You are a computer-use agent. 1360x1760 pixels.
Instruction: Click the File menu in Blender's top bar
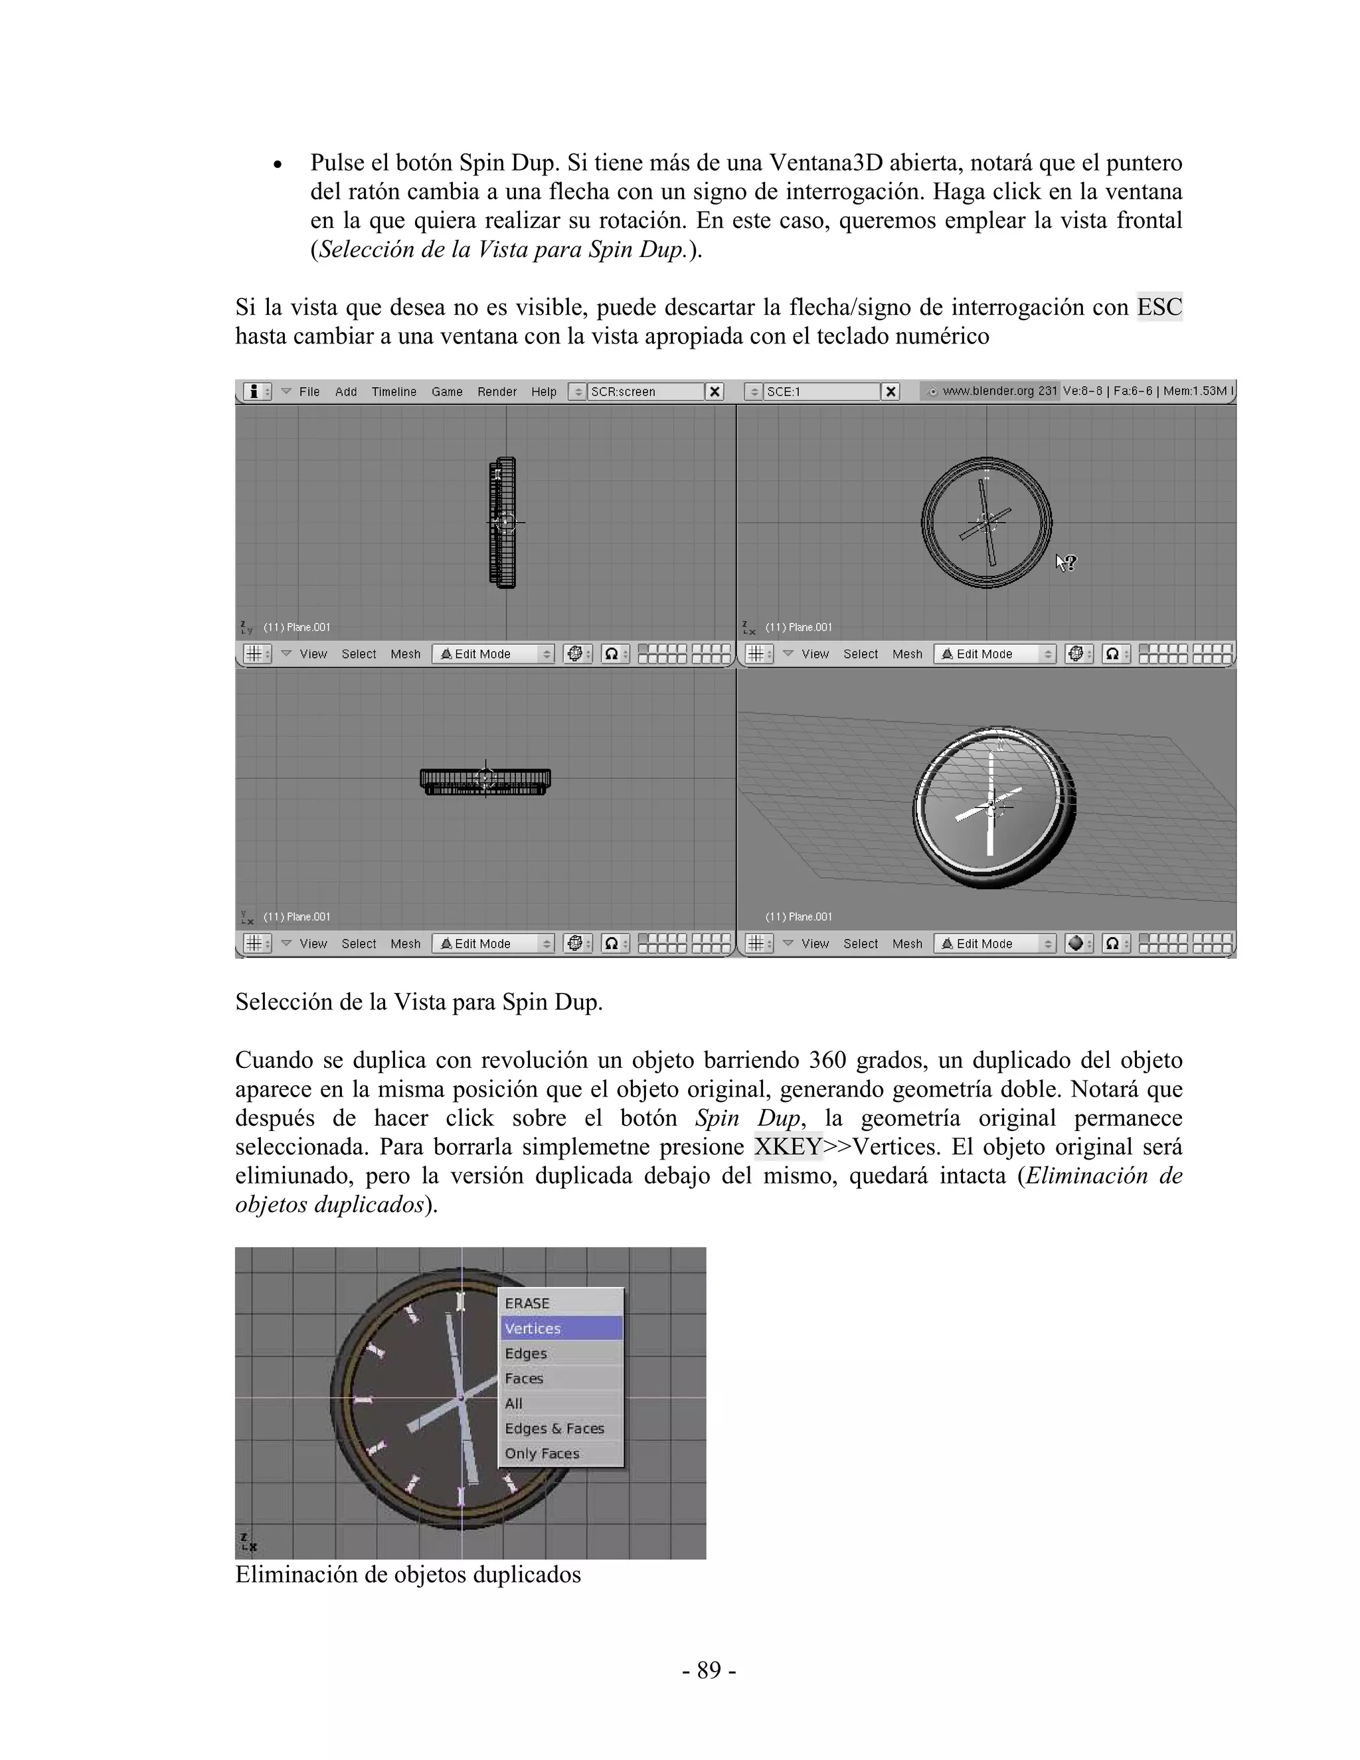pyautogui.click(x=309, y=392)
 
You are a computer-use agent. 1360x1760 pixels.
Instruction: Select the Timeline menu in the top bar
pyautogui.click(x=393, y=392)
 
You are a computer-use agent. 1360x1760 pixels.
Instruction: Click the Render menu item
pyautogui.click(x=496, y=392)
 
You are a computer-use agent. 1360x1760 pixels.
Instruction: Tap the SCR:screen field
pyautogui.click(x=645, y=392)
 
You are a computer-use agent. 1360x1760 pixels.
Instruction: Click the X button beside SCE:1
pyautogui.click(x=891, y=392)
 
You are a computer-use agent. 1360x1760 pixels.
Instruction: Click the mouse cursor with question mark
pyautogui.click(x=1065, y=563)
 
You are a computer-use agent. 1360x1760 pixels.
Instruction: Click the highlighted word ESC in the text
pyautogui.click(x=1159, y=307)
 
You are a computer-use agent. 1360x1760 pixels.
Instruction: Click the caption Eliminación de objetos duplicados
pyautogui.click(x=408, y=1574)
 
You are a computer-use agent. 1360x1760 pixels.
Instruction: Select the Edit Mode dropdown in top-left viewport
pyautogui.click(x=493, y=654)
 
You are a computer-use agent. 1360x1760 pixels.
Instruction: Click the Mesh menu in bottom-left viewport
pyautogui.click(x=405, y=944)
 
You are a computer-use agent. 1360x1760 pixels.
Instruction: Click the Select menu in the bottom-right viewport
pyautogui.click(x=860, y=944)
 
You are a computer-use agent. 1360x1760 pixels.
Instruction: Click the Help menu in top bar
pyautogui.click(x=543, y=392)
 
